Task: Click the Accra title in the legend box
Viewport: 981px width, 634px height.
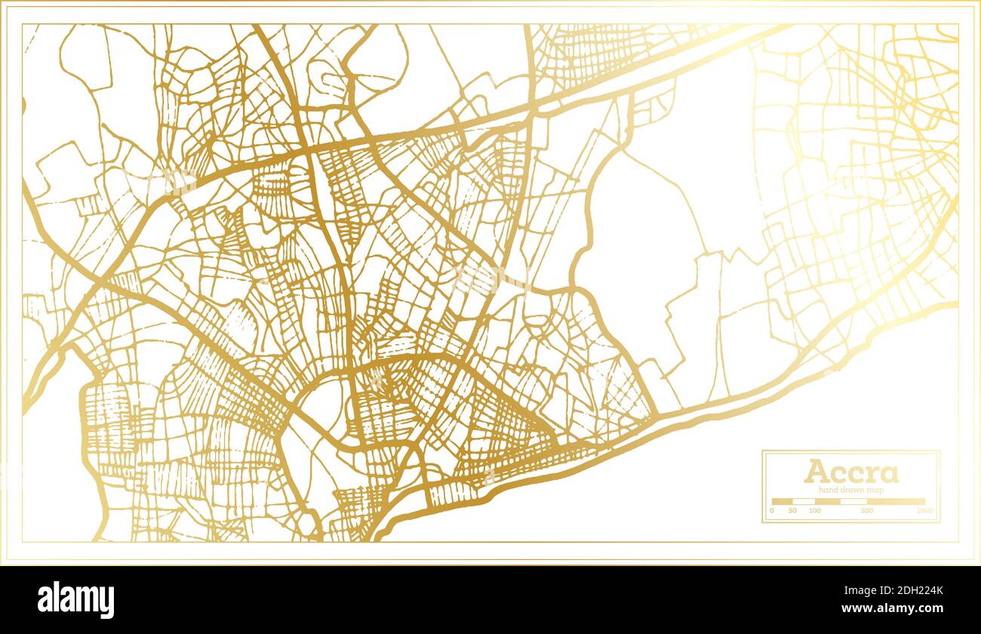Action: tap(850, 472)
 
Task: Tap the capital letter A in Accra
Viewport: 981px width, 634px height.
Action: tap(816, 472)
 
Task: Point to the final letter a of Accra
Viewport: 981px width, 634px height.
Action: tap(889, 474)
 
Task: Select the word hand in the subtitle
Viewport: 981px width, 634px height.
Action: tap(828, 491)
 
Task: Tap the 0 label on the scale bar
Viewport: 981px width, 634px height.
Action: tap(771, 511)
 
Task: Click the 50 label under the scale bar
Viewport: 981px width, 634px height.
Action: tap(792, 511)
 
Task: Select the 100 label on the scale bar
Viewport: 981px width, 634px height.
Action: tap(814, 511)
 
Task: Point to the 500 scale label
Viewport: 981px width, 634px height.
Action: tap(866, 511)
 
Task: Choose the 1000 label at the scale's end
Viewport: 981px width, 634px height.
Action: tap(924, 511)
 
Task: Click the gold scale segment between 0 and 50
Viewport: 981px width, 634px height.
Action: tap(782, 501)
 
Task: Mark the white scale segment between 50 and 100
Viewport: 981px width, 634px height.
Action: tap(803, 501)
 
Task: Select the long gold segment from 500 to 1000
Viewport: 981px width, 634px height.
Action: tap(896, 501)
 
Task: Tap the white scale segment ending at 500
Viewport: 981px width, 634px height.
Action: tap(854, 501)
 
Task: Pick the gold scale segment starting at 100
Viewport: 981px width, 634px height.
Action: tap(828, 501)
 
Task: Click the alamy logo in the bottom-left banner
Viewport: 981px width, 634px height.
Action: tap(75, 600)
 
